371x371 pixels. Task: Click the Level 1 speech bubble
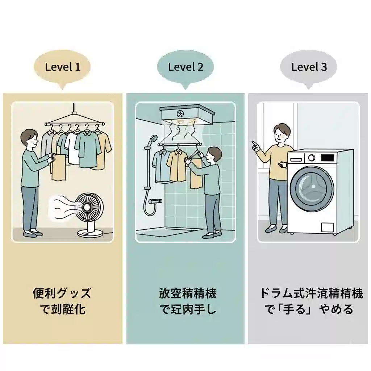pos(62,67)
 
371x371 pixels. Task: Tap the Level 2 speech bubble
pos(185,67)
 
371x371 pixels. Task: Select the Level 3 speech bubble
pos(309,67)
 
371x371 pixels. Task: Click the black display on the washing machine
pos(327,158)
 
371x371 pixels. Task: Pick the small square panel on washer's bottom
pos(327,228)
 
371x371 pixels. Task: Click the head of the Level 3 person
pos(282,133)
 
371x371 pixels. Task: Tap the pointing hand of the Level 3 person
pos(256,146)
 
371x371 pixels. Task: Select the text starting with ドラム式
pos(311,293)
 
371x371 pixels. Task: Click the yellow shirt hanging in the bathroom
pos(176,165)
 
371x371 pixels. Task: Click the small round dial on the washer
pos(311,158)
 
